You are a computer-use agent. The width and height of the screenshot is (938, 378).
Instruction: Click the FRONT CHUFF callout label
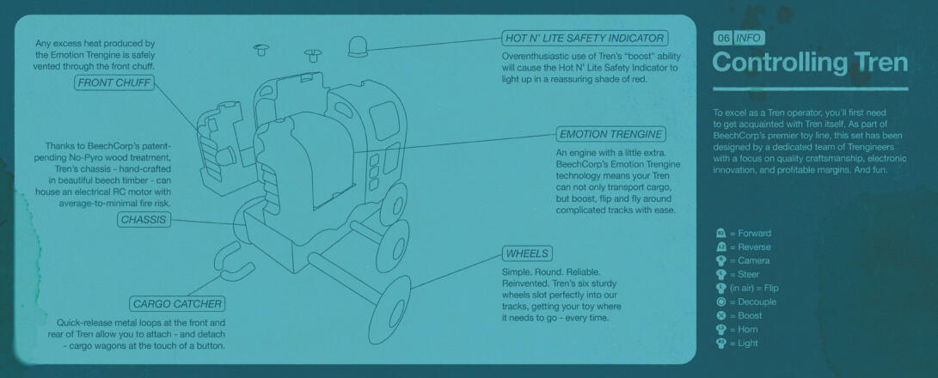113,83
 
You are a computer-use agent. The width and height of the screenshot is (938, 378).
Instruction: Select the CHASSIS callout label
144,220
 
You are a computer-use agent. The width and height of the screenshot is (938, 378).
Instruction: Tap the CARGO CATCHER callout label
178,304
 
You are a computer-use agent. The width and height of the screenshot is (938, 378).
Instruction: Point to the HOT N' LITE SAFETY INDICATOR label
585,39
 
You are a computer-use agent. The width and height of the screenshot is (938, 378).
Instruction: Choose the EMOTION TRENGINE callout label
610,134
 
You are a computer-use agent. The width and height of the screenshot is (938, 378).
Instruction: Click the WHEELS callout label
527,253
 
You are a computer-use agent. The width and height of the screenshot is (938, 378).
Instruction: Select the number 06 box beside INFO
723,39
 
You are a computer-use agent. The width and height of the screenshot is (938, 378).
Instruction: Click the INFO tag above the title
748,39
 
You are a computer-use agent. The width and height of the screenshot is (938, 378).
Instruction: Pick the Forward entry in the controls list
744,234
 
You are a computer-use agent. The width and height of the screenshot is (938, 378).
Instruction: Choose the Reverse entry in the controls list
744,247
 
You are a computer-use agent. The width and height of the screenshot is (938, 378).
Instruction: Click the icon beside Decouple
720,302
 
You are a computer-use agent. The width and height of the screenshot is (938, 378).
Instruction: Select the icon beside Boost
720,316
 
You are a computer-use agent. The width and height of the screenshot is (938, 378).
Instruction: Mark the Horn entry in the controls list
737,330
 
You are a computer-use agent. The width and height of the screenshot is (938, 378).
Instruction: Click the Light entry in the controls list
737,344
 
